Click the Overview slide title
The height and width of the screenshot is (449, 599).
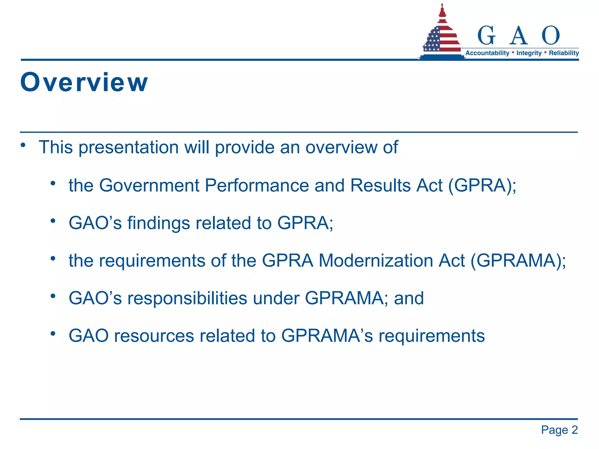coord(84,82)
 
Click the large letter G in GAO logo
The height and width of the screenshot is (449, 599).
coord(487,36)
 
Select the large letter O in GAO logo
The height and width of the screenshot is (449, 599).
coord(550,35)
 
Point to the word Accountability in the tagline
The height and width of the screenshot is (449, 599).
coord(487,53)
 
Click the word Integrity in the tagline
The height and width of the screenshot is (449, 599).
coord(529,53)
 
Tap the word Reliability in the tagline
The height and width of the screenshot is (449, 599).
coord(564,53)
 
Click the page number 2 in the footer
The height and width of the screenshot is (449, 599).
coord(574,430)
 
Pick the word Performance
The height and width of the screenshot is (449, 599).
coord(257,185)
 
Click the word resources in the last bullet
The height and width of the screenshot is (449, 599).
coord(154,336)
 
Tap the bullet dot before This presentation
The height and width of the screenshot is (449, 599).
coord(23,145)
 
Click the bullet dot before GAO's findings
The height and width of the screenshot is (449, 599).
coord(53,221)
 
